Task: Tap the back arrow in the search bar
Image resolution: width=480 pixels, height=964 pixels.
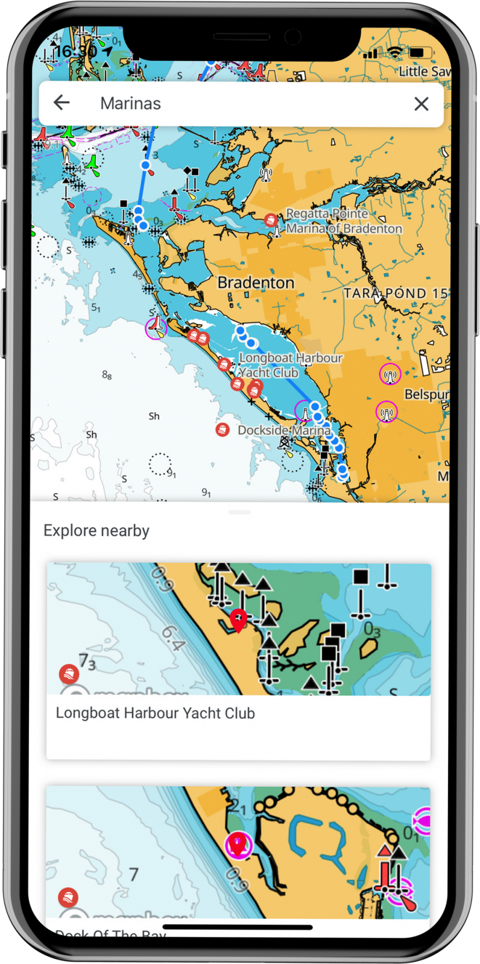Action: pos(62,103)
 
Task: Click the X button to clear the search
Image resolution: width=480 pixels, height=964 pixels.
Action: pos(422,104)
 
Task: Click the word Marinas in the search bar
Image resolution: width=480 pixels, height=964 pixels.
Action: pos(130,104)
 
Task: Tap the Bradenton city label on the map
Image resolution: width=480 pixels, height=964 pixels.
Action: pos(256,283)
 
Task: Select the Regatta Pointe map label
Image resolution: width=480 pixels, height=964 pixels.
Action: pos(327,214)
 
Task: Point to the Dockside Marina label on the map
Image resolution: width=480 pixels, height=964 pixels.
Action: pos(284,430)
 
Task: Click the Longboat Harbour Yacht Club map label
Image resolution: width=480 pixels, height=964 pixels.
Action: pos(291,365)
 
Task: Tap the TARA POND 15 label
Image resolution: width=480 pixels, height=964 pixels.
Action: pos(396,293)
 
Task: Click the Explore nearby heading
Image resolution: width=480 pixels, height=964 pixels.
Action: pos(96,531)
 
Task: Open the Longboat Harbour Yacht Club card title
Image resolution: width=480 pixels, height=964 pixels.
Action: pos(155,713)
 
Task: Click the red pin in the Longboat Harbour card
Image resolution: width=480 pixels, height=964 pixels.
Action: pos(239,619)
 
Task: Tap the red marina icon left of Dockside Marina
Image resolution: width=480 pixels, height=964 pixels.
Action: pos(223,430)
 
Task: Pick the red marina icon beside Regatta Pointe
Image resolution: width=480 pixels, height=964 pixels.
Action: pos(271,221)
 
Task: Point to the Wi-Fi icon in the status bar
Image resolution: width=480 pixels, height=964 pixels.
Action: pos(395,52)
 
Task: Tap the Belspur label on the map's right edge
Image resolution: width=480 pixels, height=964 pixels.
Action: pos(426,395)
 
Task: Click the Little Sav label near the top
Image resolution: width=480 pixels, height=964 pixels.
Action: pos(424,72)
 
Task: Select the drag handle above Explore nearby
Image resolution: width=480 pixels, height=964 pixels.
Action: pos(239,512)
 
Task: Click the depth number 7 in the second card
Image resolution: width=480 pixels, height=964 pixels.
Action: pos(134,874)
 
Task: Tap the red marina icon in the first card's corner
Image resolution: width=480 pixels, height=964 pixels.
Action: pos(69,673)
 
